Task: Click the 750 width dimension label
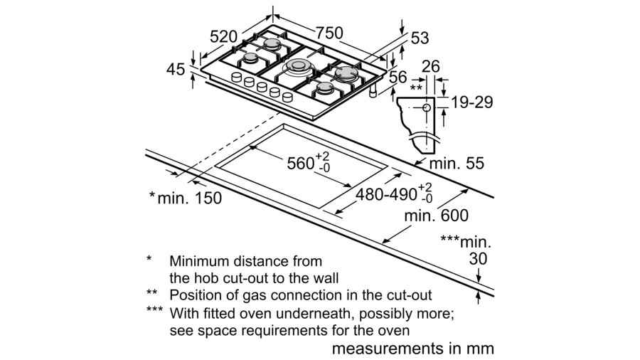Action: (329, 33)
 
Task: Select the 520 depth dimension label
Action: (223, 37)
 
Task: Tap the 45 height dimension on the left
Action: (176, 70)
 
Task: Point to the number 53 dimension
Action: (420, 38)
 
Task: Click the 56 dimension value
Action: (398, 77)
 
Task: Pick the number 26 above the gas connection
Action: (431, 67)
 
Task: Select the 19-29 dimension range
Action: (472, 102)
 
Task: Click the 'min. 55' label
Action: (457, 163)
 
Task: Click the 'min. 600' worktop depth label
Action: (437, 216)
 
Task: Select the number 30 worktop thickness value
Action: (478, 259)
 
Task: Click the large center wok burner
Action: (297, 66)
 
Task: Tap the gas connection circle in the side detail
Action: (427, 107)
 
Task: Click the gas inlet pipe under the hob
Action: (373, 92)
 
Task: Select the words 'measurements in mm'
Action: (413, 349)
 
